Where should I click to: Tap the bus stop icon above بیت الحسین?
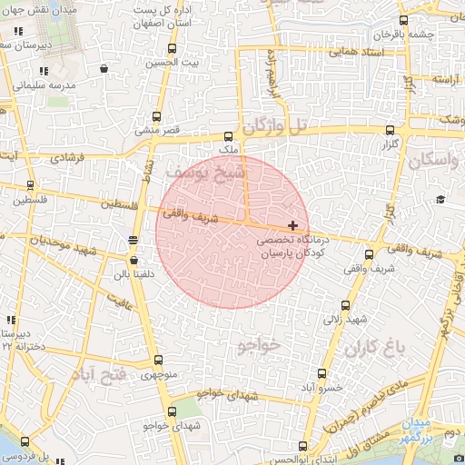pyautogui.click(x=173, y=48)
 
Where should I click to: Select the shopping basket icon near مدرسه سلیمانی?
pyautogui.click(x=104, y=67)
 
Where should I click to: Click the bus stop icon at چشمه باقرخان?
pyautogui.click(x=403, y=20)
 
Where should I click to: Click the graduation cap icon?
pyautogui.click(x=440, y=199)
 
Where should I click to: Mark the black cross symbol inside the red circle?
pyautogui.click(x=292, y=224)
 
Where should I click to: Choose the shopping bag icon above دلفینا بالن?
pyautogui.click(x=134, y=260)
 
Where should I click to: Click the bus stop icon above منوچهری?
pyautogui.click(x=158, y=361)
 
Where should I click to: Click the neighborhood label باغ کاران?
pyautogui.click(x=372, y=348)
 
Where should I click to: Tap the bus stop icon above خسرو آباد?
pyautogui.click(x=322, y=373)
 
